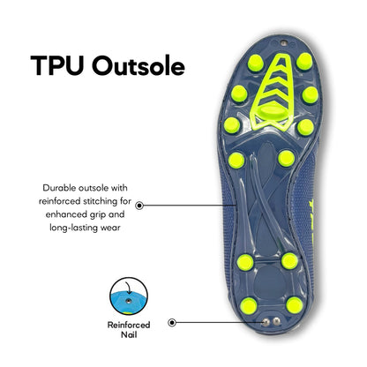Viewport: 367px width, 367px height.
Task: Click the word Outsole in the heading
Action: pyautogui.click(x=139, y=64)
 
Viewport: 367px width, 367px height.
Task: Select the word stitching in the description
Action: pyautogui.click(x=99, y=201)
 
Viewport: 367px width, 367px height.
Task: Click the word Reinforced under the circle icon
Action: pyautogui.click(x=129, y=325)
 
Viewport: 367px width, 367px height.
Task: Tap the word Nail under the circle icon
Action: pyautogui.click(x=129, y=334)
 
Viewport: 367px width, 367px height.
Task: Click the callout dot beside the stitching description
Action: pyautogui.click(x=139, y=206)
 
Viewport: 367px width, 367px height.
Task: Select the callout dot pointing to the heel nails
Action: pyautogui.click(x=172, y=323)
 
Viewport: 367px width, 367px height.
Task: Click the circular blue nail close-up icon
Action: pyautogui.click(x=129, y=296)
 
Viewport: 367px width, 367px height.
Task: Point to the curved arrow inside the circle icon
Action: pyautogui.click(x=128, y=287)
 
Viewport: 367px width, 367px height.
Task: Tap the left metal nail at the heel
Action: pyautogui.click(x=266, y=322)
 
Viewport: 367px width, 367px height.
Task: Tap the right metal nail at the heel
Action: pyautogui.click(x=276, y=322)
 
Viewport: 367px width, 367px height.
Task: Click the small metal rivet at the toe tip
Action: pyautogui.click(x=283, y=43)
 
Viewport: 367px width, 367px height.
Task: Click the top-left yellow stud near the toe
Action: pyautogui.click(x=255, y=63)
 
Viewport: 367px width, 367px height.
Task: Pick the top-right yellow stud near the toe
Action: pyautogui.click(x=304, y=62)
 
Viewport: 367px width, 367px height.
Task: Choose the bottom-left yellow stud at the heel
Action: pyautogui.click(x=249, y=306)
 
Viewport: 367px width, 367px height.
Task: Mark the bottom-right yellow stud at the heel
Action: pyautogui.click(x=295, y=305)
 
